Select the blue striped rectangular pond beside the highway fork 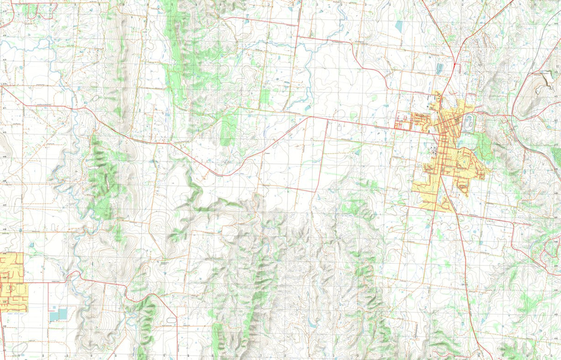tap(439, 69)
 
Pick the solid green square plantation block tap(265, 97)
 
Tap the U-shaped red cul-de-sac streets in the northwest tap(33, 12)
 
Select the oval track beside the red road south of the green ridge tap(171, 320)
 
